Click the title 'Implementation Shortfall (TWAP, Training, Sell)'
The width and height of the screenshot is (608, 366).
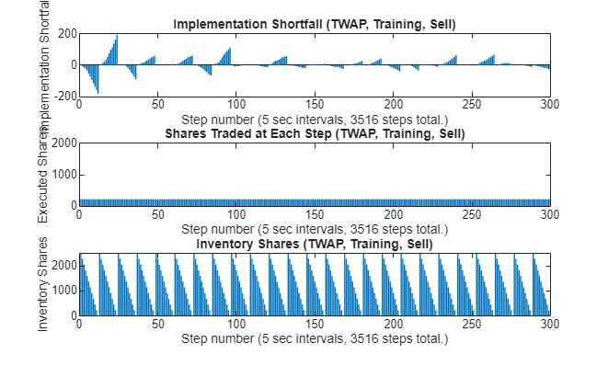coord(315,24)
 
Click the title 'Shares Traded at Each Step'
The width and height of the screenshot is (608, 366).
coord(315,134)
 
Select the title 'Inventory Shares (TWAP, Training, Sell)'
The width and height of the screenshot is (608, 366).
coord(315,244)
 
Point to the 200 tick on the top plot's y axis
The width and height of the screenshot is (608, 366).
coord(66,34)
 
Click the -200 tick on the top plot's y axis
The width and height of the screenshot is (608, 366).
coord(64,96)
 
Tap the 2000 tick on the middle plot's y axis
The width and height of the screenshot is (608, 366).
coord(63,143)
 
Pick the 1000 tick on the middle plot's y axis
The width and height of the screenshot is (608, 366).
coord(63,175)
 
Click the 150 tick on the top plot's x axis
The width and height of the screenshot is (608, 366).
coord(315,105)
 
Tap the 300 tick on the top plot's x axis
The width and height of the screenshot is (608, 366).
coord(550,105)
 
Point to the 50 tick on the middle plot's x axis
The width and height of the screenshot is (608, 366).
coord(157,215)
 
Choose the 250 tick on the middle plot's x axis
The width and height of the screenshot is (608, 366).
coord(472,215)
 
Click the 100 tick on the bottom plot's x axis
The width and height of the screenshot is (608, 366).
coord(236,325)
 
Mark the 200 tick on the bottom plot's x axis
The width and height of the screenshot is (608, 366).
coord(394,325)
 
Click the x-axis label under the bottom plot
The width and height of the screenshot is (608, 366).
coord(315,338)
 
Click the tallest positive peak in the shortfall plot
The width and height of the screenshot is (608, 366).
coord(117,36)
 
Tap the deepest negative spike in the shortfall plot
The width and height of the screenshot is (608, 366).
coord(98,92)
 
